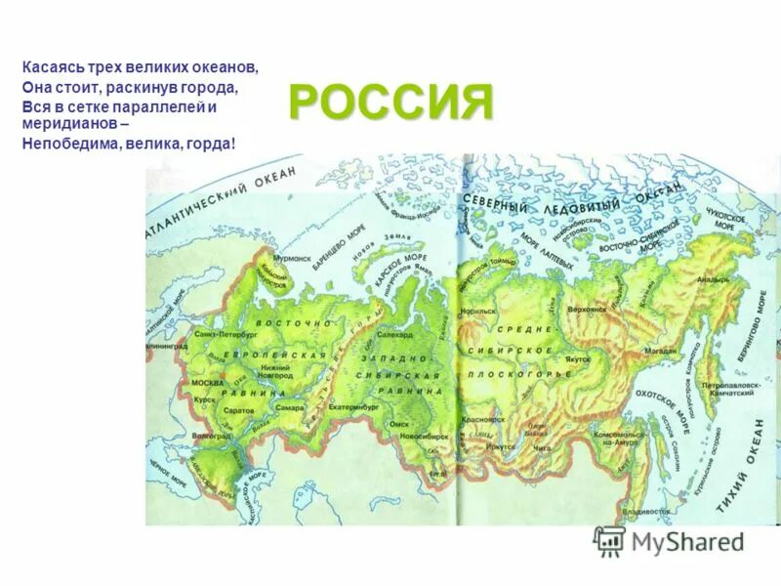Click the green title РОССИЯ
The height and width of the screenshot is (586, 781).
[x=390, y=102]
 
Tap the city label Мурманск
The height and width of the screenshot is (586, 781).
[x=290, y=260]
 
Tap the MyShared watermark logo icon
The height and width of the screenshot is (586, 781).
[x=609, y=541]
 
